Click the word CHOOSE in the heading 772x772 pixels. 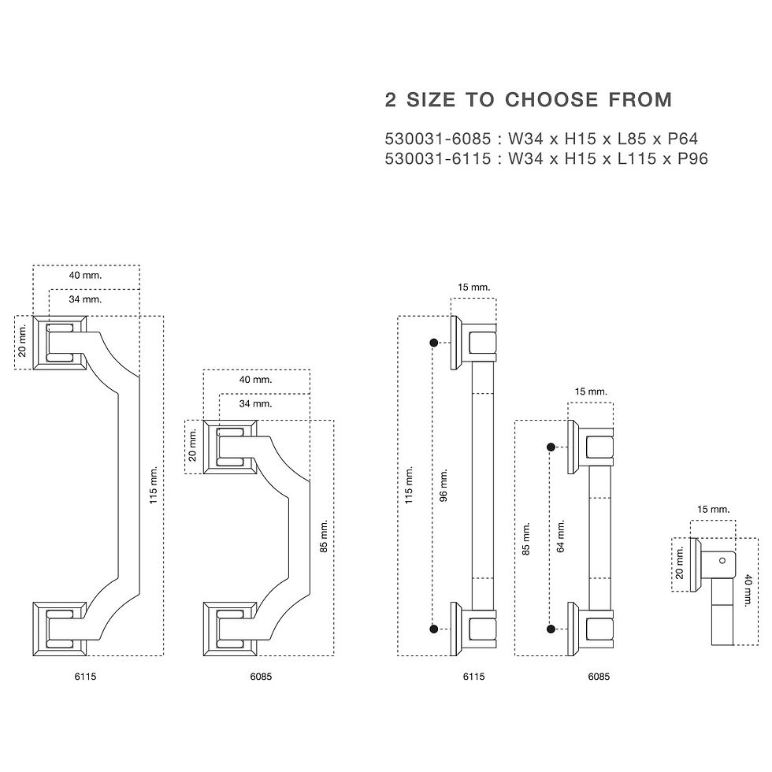tap(551, 100)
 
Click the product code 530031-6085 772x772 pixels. tap(438, 139)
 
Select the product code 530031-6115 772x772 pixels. tap(438, 158)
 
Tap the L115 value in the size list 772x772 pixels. tap(637, 158)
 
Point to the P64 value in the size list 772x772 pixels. tap(683, 139)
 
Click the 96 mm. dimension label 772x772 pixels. tap(444, 485)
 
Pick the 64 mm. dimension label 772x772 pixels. tap(561, 536)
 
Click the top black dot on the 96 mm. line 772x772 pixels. tap(434, 343)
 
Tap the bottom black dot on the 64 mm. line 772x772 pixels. tap(551, 629)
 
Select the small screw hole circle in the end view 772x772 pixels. tap(722, 560)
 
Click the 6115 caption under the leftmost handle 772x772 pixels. tap(85, 677)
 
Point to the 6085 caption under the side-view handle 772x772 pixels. tap(599, 677)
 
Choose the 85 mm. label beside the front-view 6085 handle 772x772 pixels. tap(324, 536)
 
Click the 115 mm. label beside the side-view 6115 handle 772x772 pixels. tap(409, 485)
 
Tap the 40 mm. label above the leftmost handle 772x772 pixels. tap(85, 275)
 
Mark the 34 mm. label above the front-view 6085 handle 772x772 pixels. tap(255, 403)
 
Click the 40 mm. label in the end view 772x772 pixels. tap(748, 590)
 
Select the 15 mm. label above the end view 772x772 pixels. tap(714, 509)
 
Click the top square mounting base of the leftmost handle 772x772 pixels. tap(60, 343)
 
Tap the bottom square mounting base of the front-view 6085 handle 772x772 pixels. tap(230, 629)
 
